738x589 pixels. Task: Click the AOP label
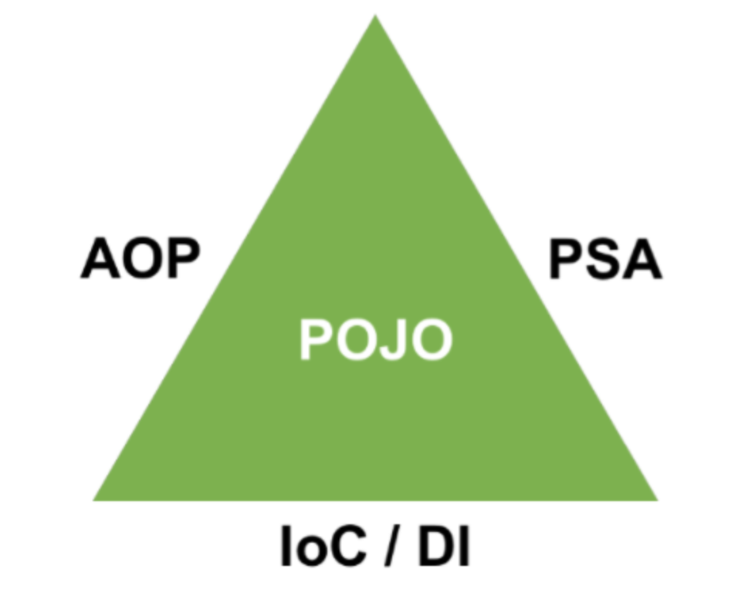140,259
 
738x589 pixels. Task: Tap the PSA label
604,260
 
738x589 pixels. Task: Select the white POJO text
375,340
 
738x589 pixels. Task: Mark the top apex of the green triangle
375,19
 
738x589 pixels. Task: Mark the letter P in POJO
316,340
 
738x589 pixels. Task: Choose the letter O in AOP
140,259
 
